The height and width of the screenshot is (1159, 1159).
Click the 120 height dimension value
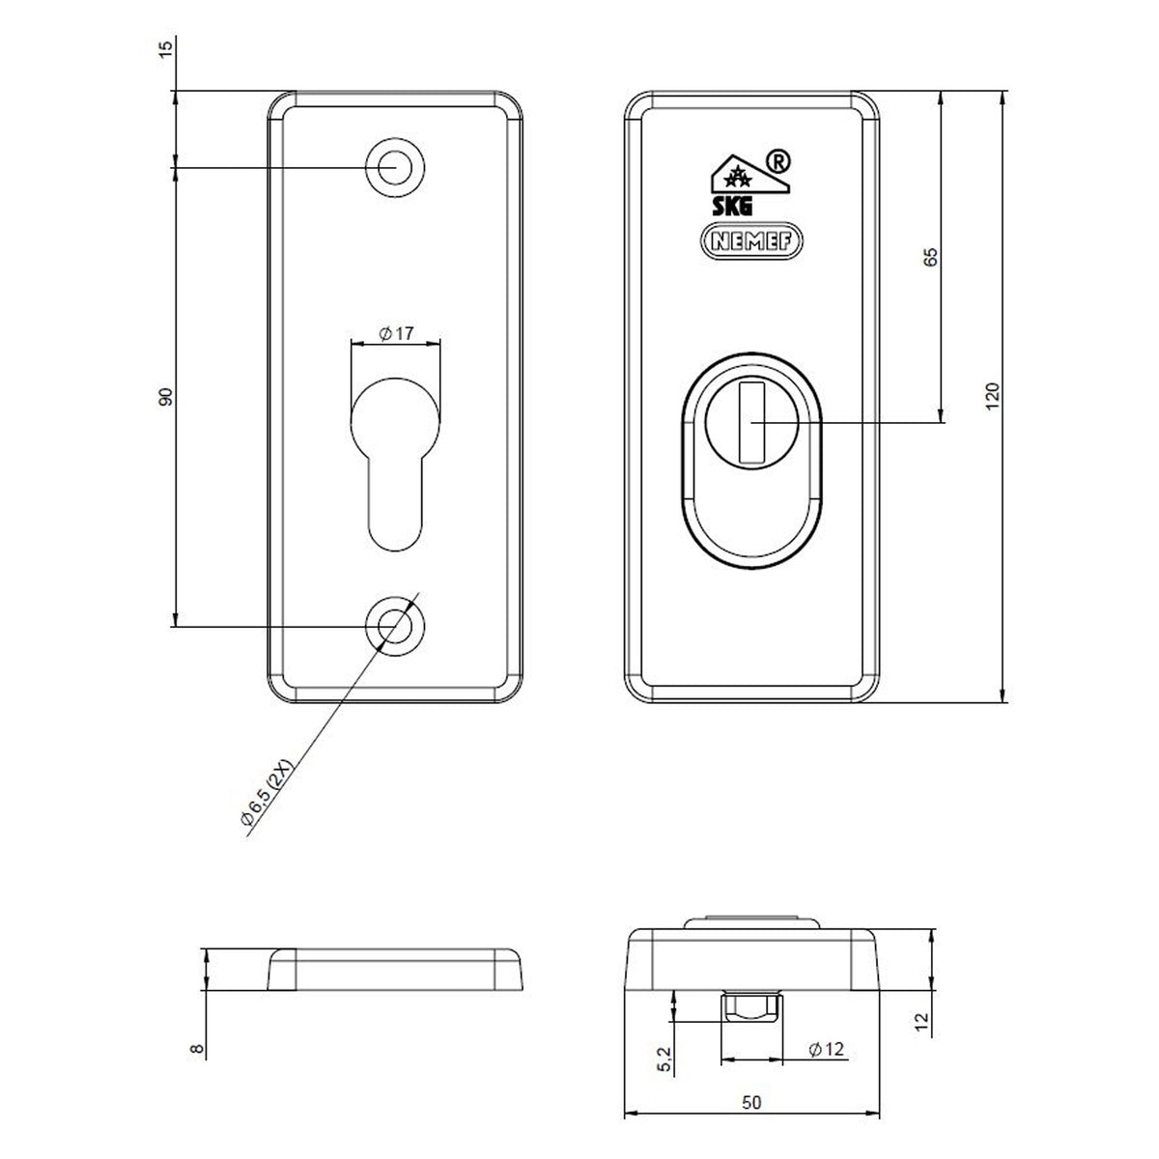992,396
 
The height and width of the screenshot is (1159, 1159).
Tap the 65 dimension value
930,257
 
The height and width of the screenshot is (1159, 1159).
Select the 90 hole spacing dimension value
165,397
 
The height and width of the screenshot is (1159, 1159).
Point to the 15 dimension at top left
165,46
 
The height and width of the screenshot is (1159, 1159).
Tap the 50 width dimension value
751,1102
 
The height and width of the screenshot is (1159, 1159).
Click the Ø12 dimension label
827,1050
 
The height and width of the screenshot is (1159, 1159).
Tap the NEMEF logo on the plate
751,241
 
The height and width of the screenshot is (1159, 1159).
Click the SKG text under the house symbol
732,207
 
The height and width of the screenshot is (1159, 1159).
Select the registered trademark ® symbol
777,162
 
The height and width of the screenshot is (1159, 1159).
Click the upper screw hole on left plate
395,167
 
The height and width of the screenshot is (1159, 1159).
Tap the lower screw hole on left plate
395,626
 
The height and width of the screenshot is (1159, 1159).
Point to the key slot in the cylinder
751,422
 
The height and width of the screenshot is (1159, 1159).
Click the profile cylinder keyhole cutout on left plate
395,465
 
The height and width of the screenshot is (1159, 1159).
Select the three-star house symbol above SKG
749,175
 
